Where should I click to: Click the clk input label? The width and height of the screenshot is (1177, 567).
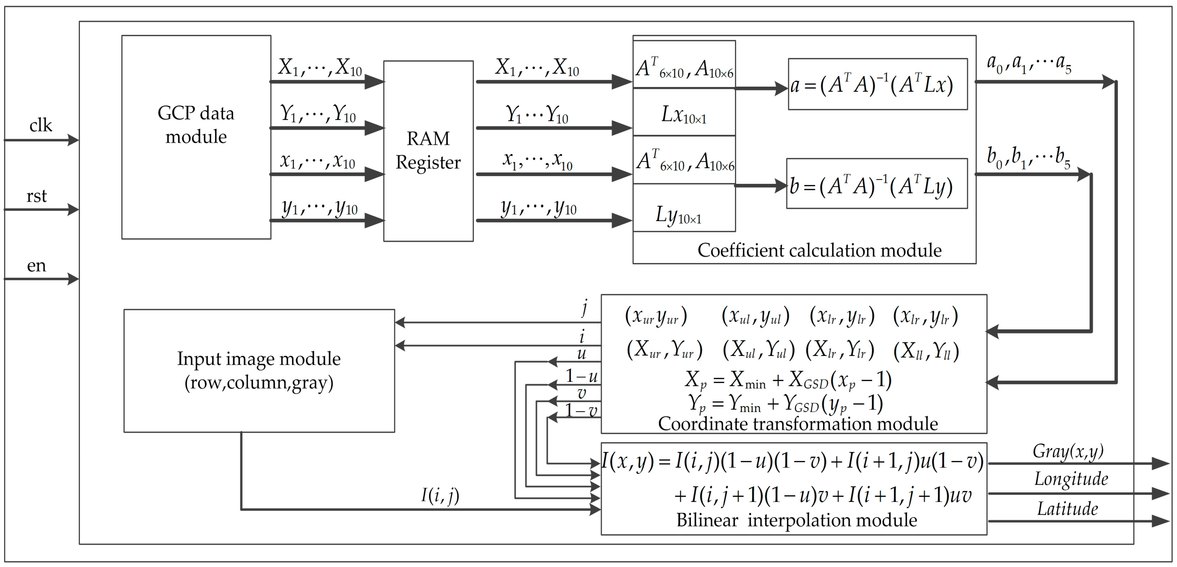(x=41, y=126)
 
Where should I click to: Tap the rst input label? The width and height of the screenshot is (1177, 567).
(x=37, y=196)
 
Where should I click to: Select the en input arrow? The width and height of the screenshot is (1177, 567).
(x=41, y=279)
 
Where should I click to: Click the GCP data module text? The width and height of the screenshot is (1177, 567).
(x=196, y=125)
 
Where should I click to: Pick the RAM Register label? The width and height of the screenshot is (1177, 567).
(x=428, y=150)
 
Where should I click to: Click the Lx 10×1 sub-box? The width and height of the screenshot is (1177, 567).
(x=684, y=113)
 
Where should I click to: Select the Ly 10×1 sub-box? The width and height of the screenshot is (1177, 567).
(x=684, y=208)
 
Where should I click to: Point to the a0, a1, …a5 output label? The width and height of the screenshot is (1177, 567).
(x=1028, y=64)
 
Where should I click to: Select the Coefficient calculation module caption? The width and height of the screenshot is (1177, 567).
(x=819, y=250)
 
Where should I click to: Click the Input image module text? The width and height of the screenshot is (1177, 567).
(x=259, y=370)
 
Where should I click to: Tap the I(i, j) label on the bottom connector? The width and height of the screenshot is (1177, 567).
(x=440, y=495)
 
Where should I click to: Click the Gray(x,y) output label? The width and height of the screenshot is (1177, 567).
(x=1068, y=452)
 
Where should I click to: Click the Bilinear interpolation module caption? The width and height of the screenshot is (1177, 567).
(x=796, y=520)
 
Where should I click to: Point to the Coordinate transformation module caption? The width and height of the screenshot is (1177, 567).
(x=798, y=423)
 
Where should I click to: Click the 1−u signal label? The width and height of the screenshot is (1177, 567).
(x=581, y=376)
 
